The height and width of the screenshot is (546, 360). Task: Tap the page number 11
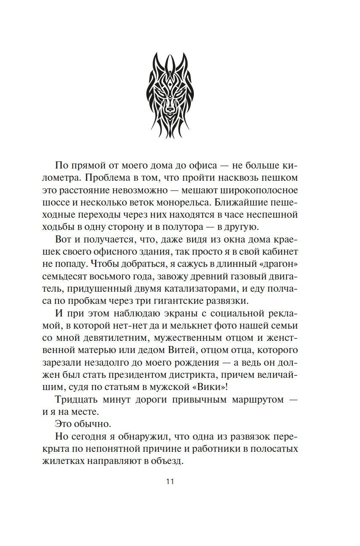coord(170,482)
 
